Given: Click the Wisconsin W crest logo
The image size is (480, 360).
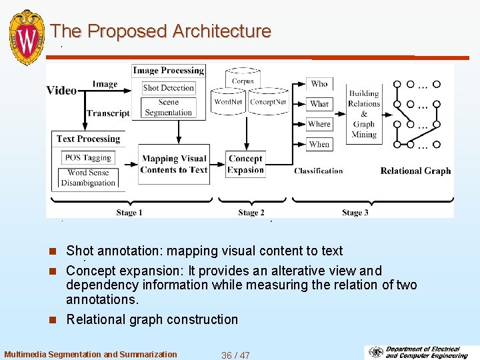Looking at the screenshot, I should pyautogui.click(x=27, y=36).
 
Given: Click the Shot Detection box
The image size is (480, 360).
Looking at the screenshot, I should pyautogui.click(x=169, y=88).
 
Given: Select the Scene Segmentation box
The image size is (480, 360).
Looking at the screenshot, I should pyautogui.click(x=169, y=107).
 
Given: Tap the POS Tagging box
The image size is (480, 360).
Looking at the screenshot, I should pyautogui.click(x=88, y=158).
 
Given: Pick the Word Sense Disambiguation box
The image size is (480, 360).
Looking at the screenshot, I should pyautogui.click(x=88, y=178).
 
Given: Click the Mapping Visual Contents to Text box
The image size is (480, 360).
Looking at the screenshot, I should pyautogui.click(x=174, y=164).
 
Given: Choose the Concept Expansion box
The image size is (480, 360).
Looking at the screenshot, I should pyautogui.click(x=245, y=164).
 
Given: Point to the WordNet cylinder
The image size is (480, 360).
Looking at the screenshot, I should pyautogui.click(x=229, y=102).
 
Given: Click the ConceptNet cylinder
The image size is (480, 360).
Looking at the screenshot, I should pyautogui.click(x=267, y=102).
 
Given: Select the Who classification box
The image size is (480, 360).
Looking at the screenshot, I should pyautogui.click(x=319, y=84).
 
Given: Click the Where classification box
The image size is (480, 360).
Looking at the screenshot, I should pyautogui.click(x=319, y=124).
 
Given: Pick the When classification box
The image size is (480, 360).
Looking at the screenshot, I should pyautogui.click(x=319, y=144).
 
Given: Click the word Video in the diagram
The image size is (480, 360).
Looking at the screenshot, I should pyautogui.click(x=61, y=91).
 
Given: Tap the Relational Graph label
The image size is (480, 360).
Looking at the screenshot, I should pyautogui.click(x=415, y=171).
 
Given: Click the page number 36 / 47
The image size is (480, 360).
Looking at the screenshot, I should pyautogui.click(x=235, y=355).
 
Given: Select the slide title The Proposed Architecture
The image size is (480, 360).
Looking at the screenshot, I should pyautogui.click(x=161, y=31).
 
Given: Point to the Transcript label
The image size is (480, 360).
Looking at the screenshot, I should pyautogui.click(x=108, y=113).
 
